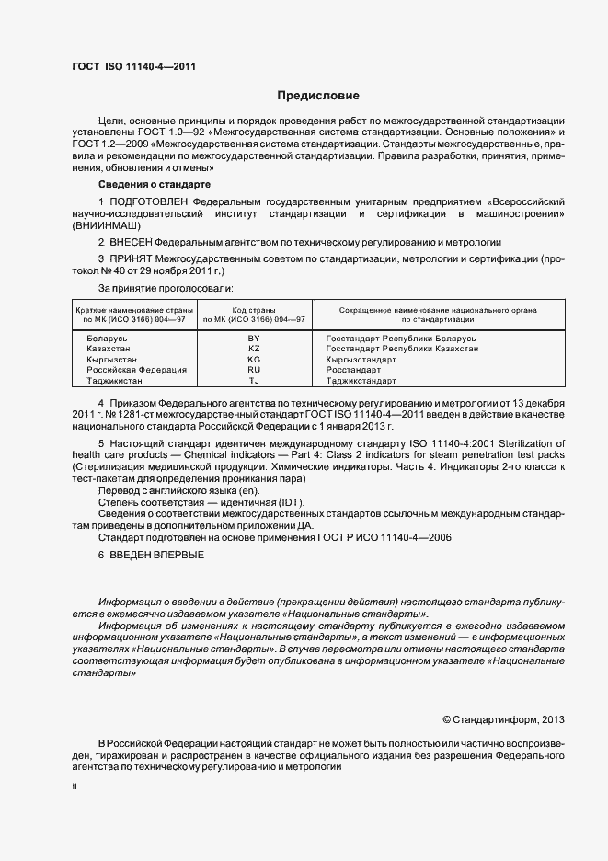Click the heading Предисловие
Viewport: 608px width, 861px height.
(x=318, y=96)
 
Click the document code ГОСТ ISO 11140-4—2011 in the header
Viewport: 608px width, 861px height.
(x=132, y=65)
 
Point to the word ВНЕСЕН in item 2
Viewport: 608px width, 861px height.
(x=130, y=242)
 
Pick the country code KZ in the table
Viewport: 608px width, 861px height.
(x=254, y=350)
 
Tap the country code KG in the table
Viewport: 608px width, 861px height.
(x=254, y=360)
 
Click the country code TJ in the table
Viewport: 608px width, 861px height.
(x=254, y=380)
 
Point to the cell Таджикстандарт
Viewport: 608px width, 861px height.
(x=361, y=380)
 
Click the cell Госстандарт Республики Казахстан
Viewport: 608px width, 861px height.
(x=402, y=350)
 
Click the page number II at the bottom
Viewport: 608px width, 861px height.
(x=75, y=787)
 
